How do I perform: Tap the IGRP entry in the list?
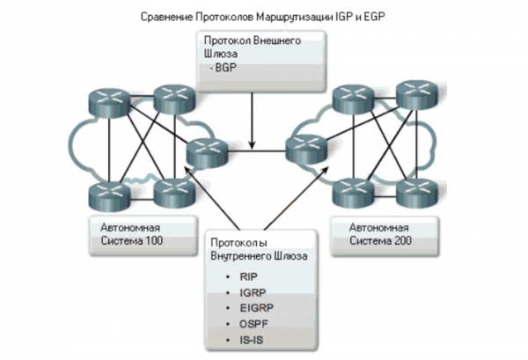coord(250,291)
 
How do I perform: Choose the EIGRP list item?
coord(253,308)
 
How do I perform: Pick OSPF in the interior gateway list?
coord(251,323)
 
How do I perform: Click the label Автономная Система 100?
coord(130,233)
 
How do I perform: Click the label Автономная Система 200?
coord(378,233)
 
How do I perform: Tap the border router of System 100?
coord(208,154)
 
